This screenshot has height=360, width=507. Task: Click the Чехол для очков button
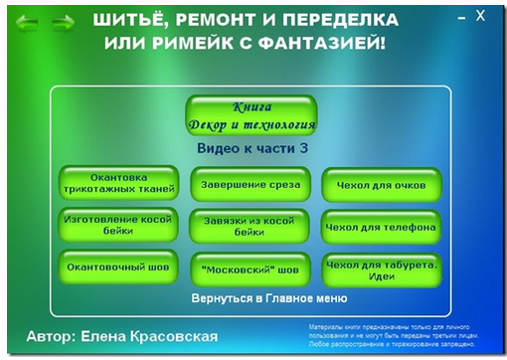(380, 185)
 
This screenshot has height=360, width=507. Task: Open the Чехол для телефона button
(380, 227)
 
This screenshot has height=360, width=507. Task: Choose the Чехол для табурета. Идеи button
(380, 269)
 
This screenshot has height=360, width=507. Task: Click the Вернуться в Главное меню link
(268, 297)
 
